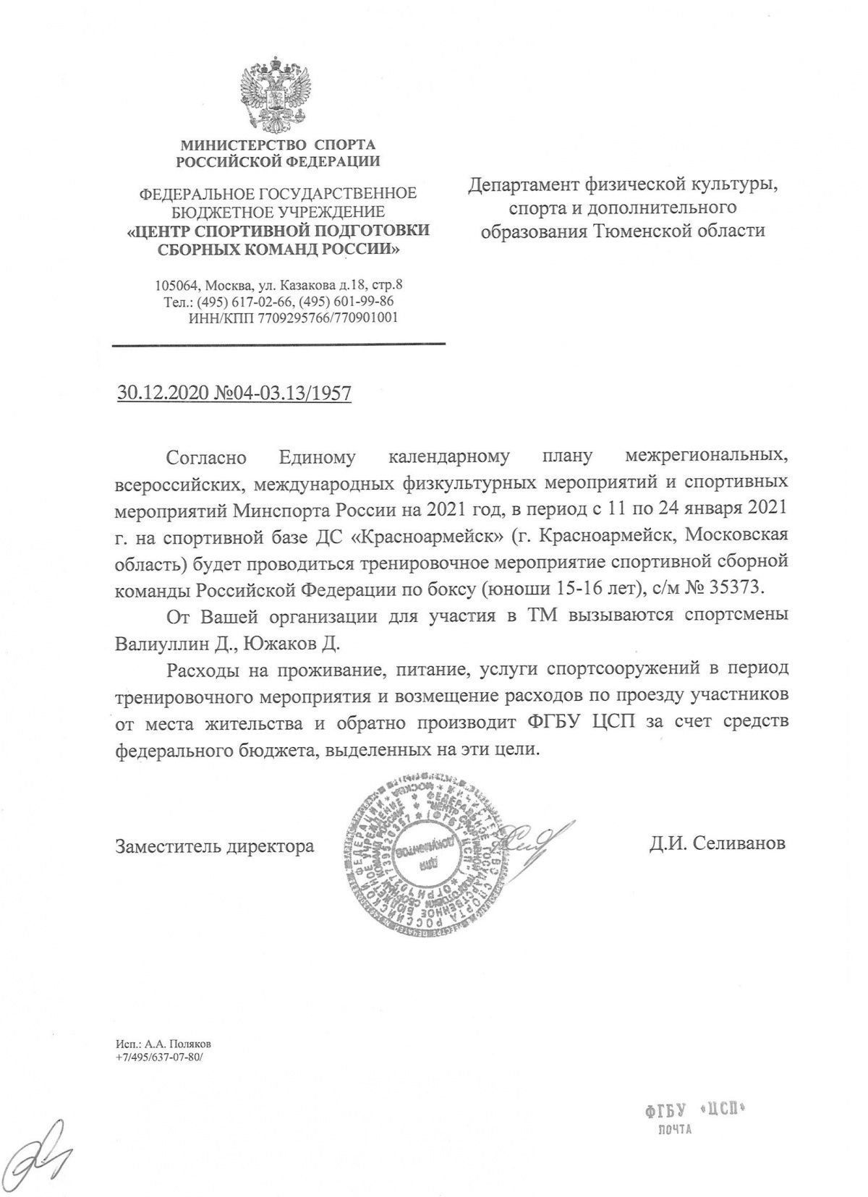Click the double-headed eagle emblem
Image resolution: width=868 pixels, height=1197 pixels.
(x=278, y=90)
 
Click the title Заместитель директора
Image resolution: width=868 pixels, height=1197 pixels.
(x=215, y=845)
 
